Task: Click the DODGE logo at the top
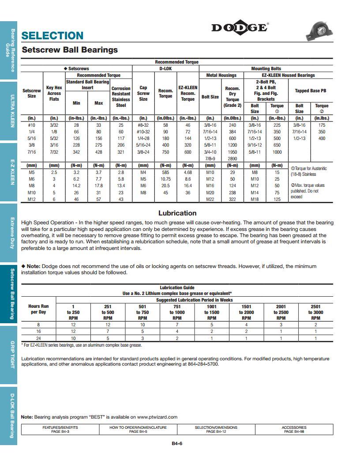point(239,28)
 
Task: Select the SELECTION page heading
point(52,36)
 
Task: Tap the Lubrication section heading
point(177,213)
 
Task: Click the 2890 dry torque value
point(232,159)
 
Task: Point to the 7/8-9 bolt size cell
point(210,159)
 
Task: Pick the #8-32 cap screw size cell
point(143,125)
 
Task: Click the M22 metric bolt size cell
point(210,199)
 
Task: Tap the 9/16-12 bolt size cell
point(255,145)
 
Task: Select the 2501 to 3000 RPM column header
point(315,312)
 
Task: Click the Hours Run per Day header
point(38,309)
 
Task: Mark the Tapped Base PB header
point(310,91)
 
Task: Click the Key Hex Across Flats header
point(54,93)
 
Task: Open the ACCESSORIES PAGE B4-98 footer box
point(294,429)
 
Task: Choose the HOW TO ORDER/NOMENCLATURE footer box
point(138,429)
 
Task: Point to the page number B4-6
point(177,444)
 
